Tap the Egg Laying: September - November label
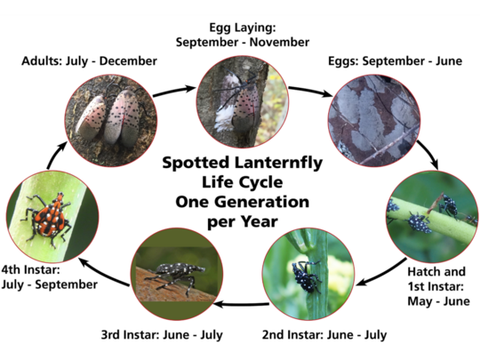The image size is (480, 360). [x=242, y=34]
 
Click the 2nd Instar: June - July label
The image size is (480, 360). [x=310, y=335]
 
